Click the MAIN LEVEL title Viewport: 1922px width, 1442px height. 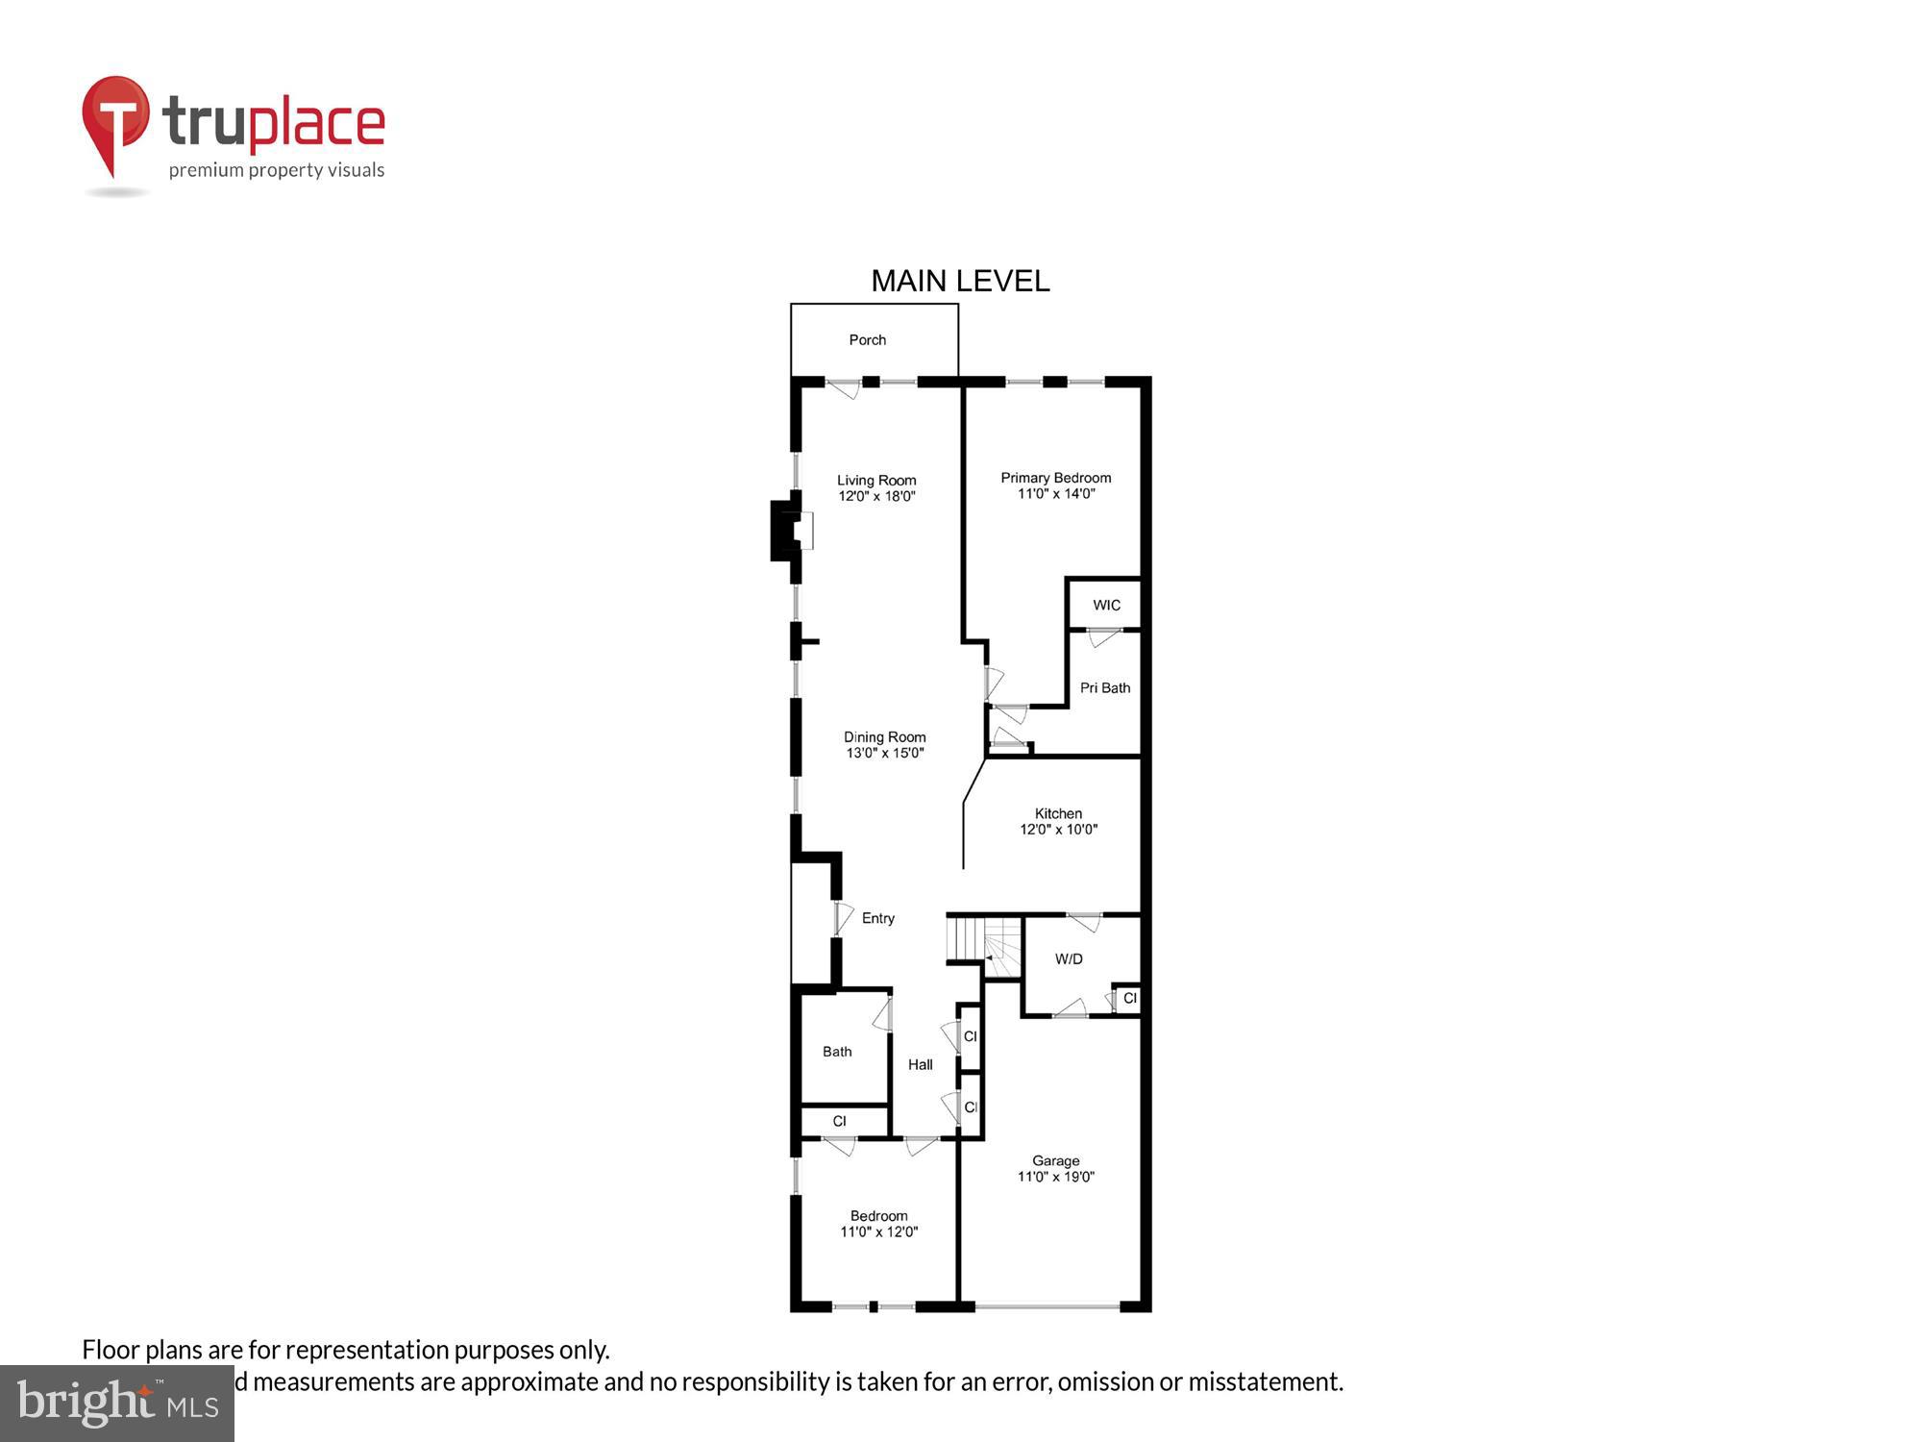[x=960, y=281]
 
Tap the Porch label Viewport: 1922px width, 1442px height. [x=867, y=339]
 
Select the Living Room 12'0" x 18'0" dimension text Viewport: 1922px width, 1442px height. [x=876, y=496]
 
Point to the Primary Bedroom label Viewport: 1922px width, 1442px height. [x=1055, y=478]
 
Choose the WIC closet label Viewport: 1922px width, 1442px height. [x=1106, y=605]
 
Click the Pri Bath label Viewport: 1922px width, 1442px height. [x=1104, y=687]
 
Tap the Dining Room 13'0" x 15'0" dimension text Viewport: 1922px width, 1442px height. [x=884, y=753]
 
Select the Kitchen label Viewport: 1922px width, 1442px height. [x=1058, y=813]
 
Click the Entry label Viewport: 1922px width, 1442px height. [x=877, y=918]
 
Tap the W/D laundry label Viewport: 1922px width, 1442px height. [x=1069, y=958]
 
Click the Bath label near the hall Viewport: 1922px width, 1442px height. [x=837, y=1052]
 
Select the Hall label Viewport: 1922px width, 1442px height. [x=920, y=1064]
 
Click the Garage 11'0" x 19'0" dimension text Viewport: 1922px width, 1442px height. [x=1055, y=1176]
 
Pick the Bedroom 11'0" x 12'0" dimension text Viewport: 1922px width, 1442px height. [x=878, y=1231]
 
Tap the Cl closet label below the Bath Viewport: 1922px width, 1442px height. [x=839, y=1121]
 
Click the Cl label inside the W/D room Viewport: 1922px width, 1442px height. [x=1129, y=998]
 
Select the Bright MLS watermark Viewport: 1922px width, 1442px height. [x=117, y=1404]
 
